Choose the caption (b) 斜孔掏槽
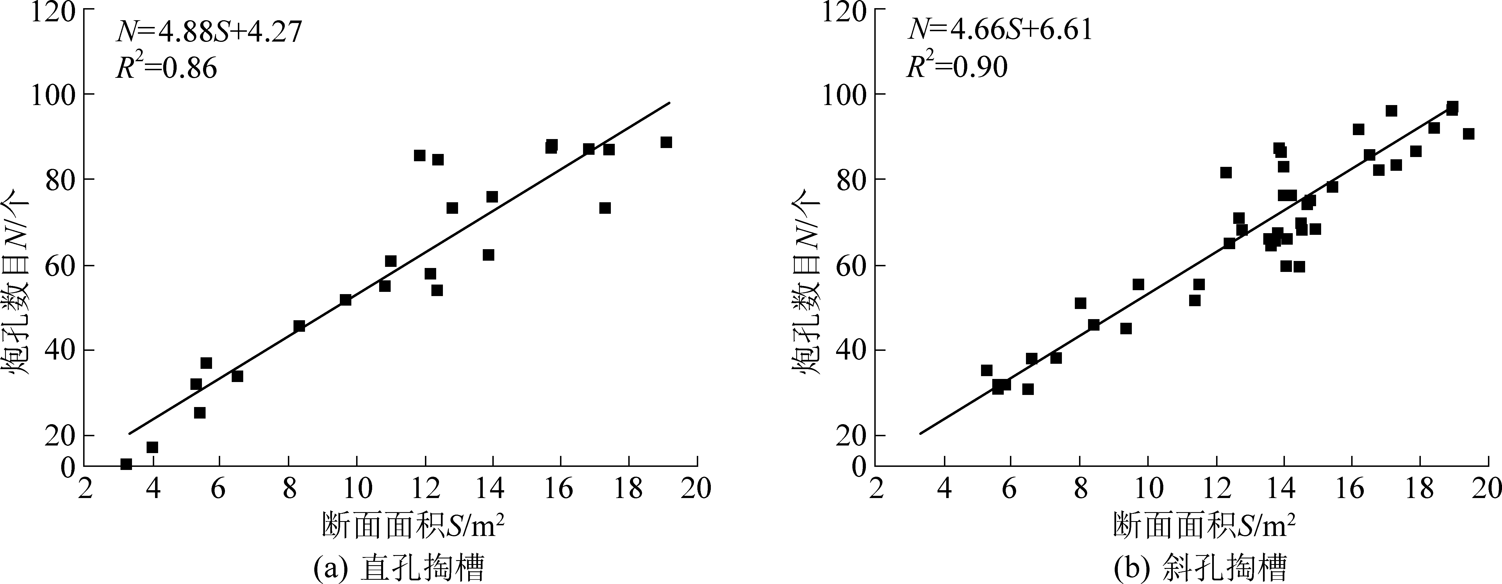tap(1189, 568)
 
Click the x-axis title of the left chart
tap(413, 526)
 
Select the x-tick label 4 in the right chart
tap(944, 489)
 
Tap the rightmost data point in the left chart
tap(666, 142)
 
